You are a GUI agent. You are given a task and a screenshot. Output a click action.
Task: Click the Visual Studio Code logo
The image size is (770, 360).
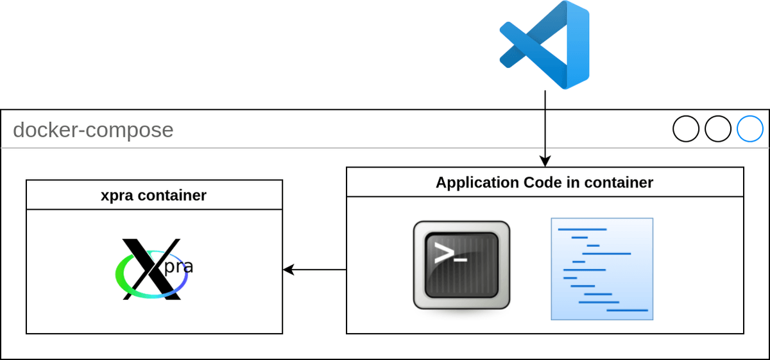click(x=544, y=44)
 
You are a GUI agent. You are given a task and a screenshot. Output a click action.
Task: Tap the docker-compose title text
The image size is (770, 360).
click(x=93, y=130)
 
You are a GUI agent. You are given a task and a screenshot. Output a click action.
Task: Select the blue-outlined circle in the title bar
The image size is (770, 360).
click(x=749, y=128)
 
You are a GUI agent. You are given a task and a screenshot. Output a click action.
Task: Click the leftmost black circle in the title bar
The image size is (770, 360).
click(x=686, y=128)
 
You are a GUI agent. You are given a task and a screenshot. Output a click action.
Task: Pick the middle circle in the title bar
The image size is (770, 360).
click(x=718, y=128)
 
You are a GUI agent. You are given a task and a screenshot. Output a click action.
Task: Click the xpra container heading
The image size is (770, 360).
click(x=154, y=195)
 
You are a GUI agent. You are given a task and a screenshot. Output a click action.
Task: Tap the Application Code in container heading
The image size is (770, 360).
click(x=545, y=182)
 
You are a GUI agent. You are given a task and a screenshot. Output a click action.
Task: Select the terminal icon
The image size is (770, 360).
click(x=461, y=264)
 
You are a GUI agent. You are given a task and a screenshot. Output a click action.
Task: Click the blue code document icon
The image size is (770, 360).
click(x=602, y=268)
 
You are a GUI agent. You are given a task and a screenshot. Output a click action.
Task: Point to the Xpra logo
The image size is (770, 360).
click(x=154, y=269)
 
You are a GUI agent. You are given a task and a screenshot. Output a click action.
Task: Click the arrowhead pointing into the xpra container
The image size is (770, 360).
click(x=288, y=270)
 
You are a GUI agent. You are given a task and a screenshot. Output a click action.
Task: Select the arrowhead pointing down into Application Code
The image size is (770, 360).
click(x=545, y=161)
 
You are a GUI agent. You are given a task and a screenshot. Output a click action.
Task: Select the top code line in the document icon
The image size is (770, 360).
click(x=582, y=228)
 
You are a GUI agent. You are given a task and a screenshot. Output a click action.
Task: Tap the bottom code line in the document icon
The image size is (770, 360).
click(x=627, y=310)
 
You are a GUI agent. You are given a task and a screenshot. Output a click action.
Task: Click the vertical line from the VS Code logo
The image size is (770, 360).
click(x=545, y=122)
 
